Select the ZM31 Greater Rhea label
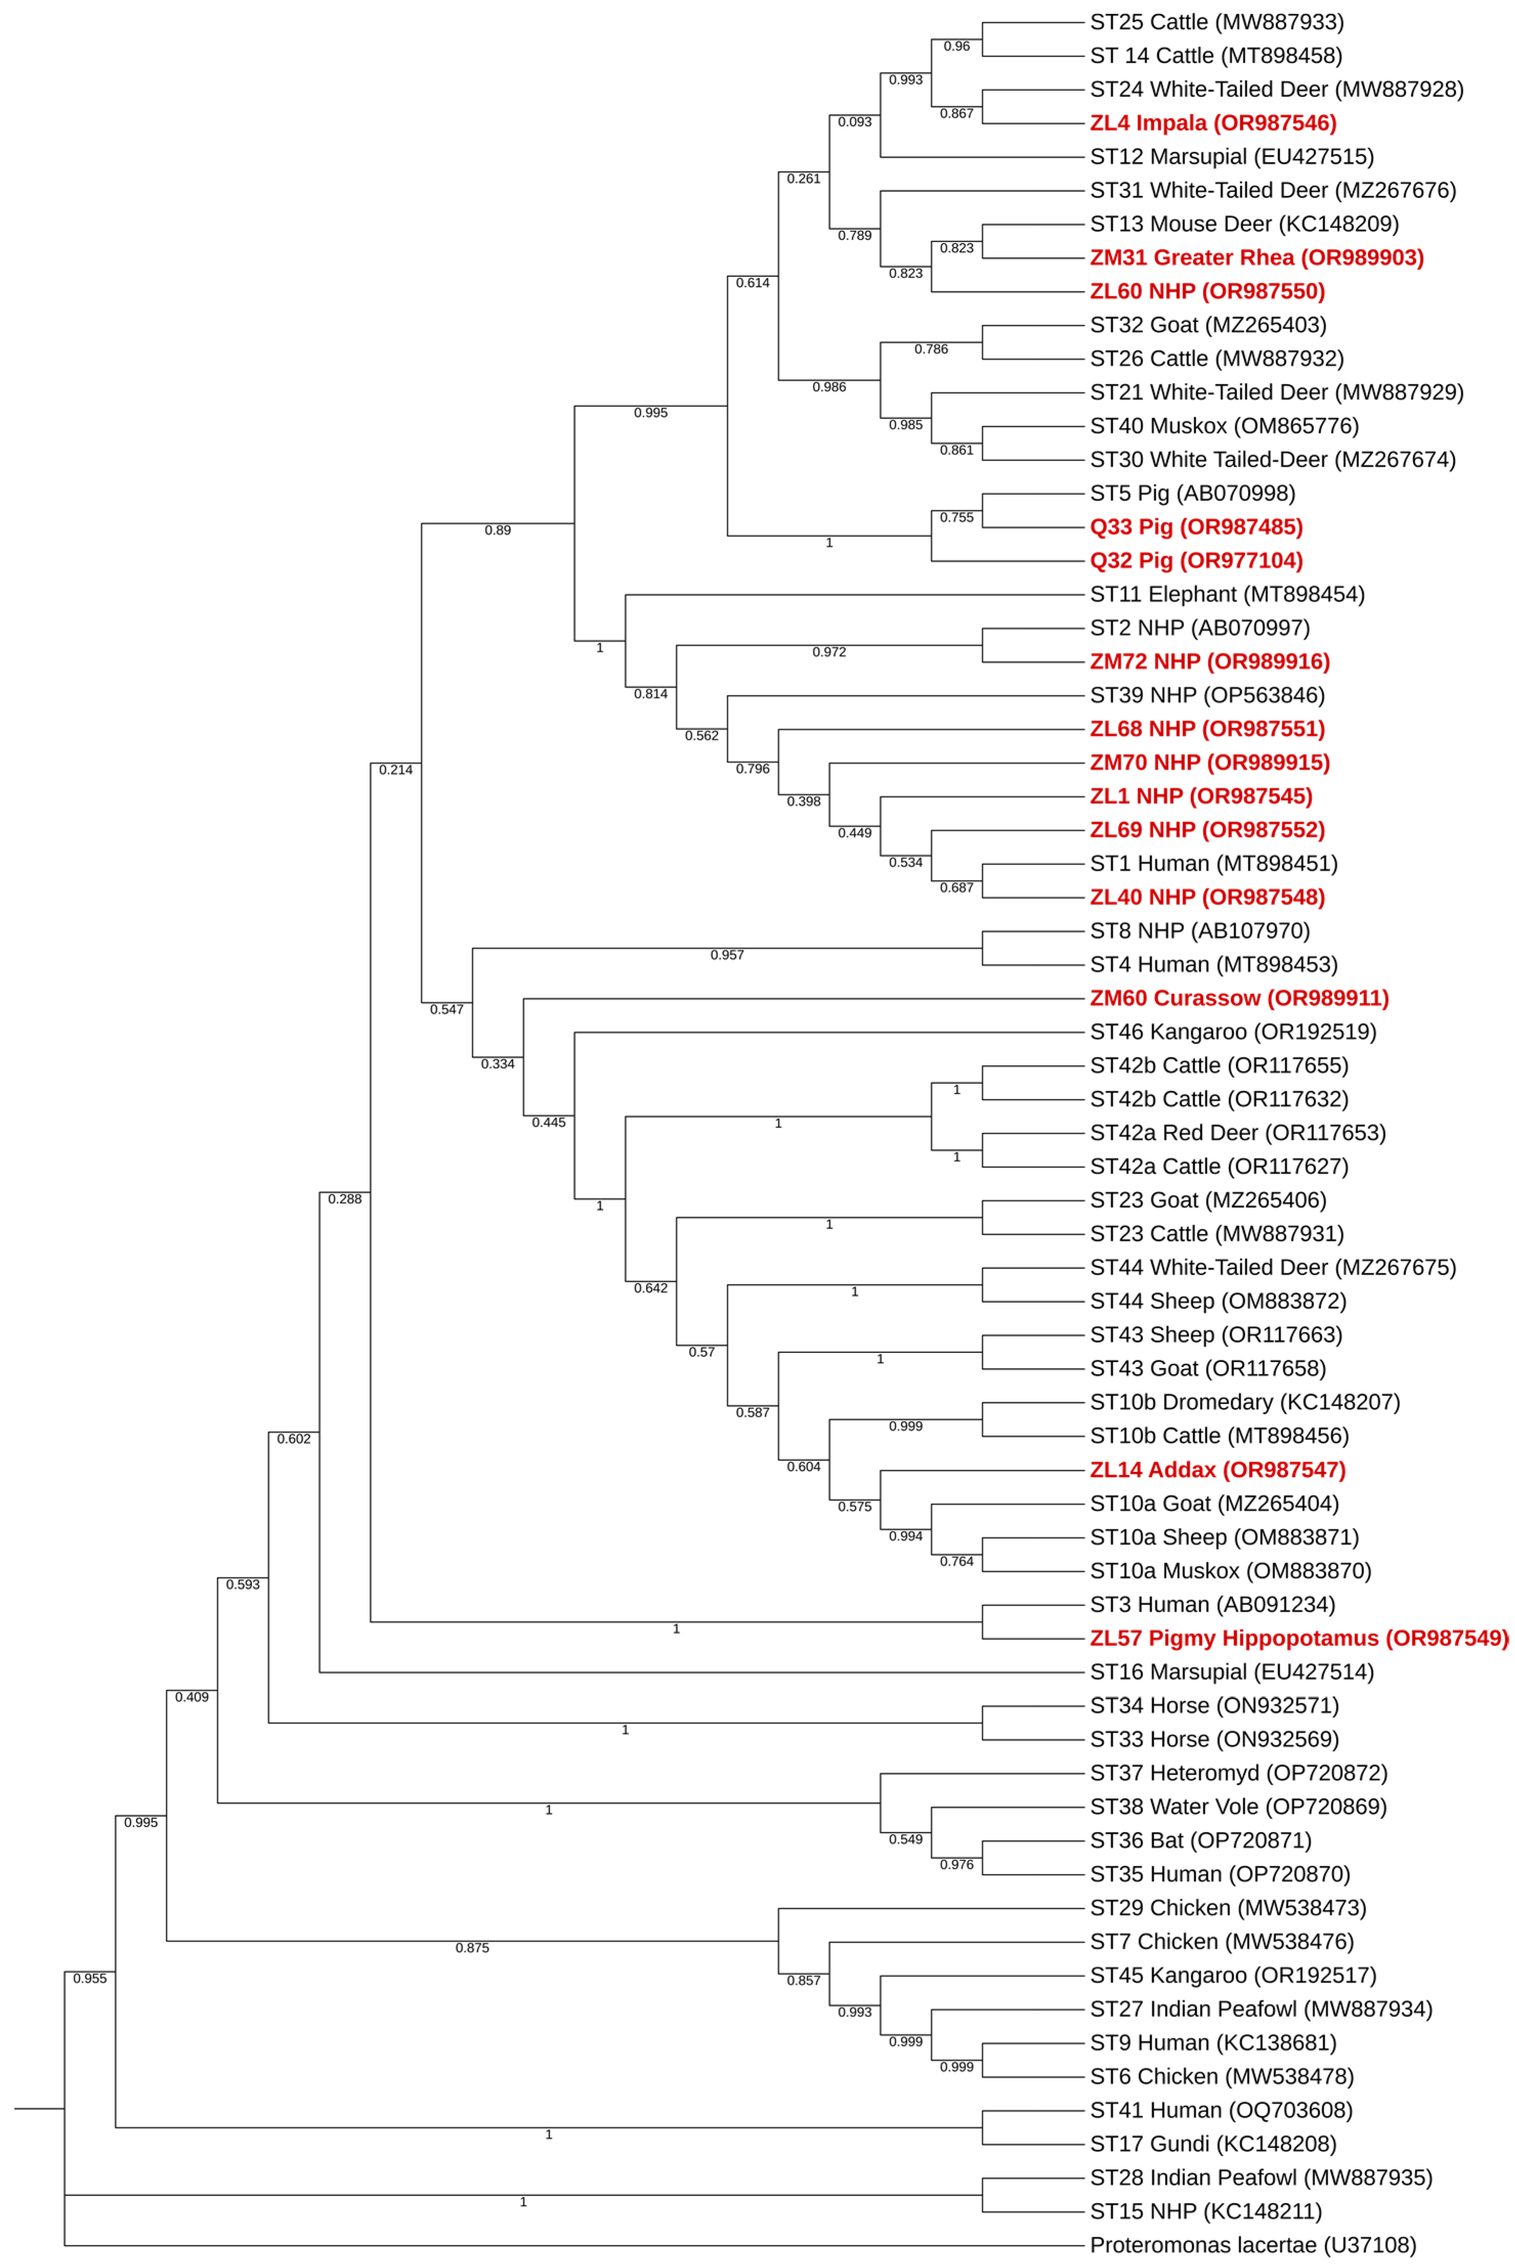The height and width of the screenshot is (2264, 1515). coord(1256,258)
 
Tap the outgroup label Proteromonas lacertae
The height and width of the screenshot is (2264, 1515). coord(1252,2245)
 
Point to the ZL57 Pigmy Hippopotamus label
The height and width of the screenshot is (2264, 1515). coord(1298,1638)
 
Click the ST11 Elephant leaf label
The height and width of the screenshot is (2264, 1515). coord(1227,594)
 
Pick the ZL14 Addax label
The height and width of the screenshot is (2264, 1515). coord(1218,1470)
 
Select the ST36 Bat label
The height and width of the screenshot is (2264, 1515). coord(1200,1840)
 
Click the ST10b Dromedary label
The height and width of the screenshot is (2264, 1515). coord(1244,1402)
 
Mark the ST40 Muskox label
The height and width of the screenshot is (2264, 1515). coord(1224,426)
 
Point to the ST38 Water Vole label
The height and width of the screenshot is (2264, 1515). coord(1238,1806)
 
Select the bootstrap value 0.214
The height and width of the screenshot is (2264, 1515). coord(395,770)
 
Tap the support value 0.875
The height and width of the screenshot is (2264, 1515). coord(472,1948)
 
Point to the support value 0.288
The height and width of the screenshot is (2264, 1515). coord(345,1199)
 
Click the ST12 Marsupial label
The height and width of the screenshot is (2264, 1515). coord(1231,157)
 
